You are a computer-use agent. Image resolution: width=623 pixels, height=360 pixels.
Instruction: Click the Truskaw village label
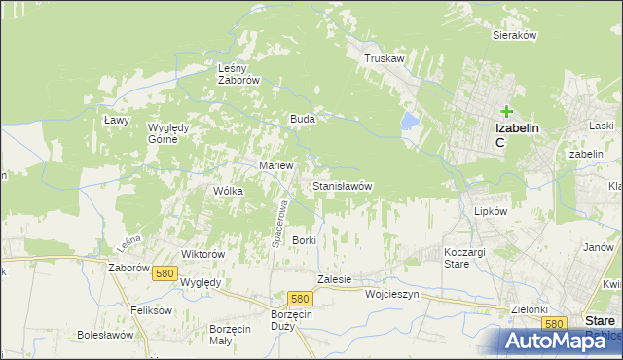(384, 58)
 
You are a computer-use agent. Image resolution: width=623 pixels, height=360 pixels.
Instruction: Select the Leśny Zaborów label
(238, 74)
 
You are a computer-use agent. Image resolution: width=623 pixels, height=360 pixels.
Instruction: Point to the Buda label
(301, 119)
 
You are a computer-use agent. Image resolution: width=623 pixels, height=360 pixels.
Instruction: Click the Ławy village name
(117, 120)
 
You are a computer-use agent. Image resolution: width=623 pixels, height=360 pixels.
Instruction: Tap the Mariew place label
(275, 165)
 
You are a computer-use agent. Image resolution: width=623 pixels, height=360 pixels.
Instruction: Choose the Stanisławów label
(342, 185)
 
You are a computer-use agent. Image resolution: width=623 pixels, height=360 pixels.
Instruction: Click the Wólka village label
(227, 191)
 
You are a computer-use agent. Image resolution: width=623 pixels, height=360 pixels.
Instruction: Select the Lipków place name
(491, 210)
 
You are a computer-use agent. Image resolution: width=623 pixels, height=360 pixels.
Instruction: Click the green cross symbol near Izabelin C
(507, 112)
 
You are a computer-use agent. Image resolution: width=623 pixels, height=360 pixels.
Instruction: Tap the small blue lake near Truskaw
(410, 122)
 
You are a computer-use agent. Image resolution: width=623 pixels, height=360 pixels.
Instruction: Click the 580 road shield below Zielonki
(554, 323)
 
